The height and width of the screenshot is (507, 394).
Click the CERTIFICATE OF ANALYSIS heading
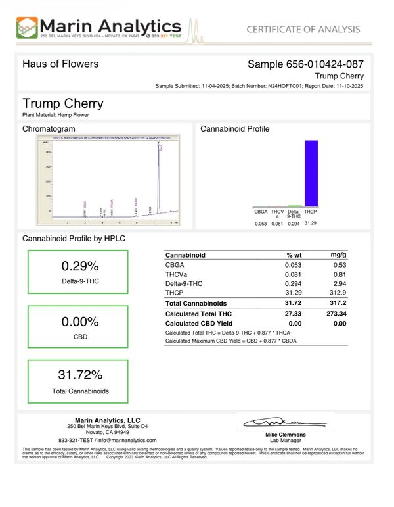[x=303, y=29]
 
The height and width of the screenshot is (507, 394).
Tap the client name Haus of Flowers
[x=60, y=64]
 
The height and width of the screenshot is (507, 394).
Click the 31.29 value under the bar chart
[x=311, y=224]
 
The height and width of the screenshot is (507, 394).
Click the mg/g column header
[x=338, y=254]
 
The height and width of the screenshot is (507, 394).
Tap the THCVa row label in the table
[x=175, y=274]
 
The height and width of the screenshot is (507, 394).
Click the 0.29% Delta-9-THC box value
[x=79, y=266]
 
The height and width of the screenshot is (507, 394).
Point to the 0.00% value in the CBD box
[x=79, y=322]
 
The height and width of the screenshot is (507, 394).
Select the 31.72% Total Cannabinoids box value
[x=79, y=375]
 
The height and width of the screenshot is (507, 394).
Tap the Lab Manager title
[x=286, y=441]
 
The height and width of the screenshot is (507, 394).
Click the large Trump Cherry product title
[x=63, y=103]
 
